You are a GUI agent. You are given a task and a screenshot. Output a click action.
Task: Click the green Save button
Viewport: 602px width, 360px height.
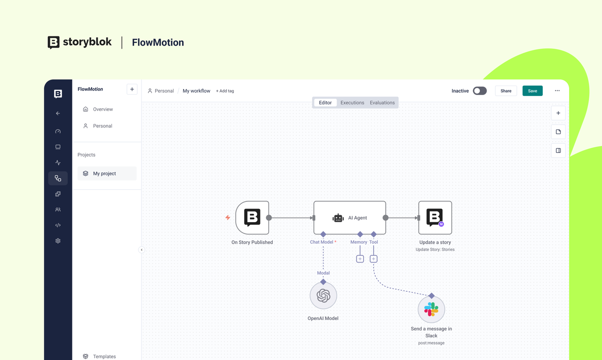click(532, 91)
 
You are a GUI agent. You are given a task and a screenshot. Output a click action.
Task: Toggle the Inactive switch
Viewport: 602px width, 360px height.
click(480, 91)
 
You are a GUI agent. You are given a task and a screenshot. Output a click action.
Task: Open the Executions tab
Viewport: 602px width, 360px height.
click(352, 103)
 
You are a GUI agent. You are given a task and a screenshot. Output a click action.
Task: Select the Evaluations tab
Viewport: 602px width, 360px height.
click(382, 103)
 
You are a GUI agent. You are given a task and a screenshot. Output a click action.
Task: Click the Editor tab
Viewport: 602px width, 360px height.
click(325, 103)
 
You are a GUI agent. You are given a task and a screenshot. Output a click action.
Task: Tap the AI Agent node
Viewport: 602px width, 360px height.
click(350, 218)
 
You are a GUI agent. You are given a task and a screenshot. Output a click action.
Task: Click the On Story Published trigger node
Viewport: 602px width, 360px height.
click(252, 218)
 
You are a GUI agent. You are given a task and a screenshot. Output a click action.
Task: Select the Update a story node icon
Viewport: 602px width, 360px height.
click(435, 218)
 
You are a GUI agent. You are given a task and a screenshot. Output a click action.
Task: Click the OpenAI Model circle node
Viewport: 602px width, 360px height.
click(323, 296)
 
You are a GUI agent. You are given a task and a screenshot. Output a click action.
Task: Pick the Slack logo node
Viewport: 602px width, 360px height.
click(431, 309)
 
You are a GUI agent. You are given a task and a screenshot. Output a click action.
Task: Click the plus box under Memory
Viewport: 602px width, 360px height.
click(360, 259)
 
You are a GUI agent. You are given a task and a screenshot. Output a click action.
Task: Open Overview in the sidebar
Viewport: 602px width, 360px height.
click(103, 109)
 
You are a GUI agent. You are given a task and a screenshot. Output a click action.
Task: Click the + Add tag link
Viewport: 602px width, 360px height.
click(225, 91)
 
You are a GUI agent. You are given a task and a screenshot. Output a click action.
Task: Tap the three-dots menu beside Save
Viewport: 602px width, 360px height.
click(557, 91)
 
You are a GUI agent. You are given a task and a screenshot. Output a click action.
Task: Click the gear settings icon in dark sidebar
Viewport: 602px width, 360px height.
click(58, 241)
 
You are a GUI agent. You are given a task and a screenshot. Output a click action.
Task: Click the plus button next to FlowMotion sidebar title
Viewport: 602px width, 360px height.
click(132, 89)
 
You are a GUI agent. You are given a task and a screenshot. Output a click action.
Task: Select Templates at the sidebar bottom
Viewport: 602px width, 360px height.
click(104, 356)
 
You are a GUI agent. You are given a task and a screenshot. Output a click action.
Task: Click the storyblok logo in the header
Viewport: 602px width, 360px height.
click(79, 42)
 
